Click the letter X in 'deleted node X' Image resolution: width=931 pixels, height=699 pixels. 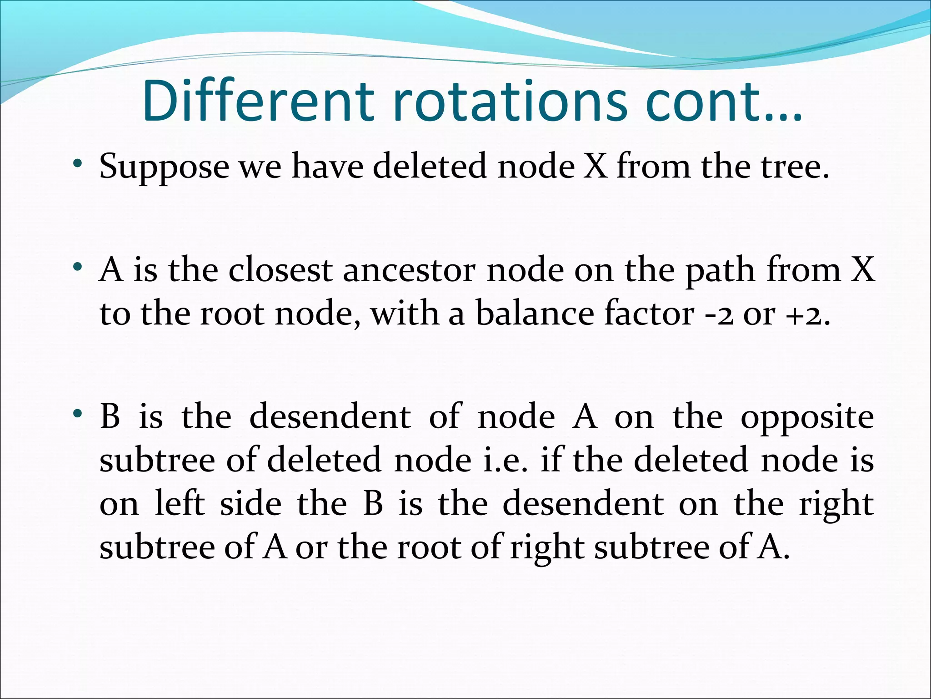click(x=595, y=166)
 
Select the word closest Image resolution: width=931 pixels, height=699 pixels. click(x=280, y=269)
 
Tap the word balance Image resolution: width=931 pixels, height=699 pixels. click(x=535, y=314)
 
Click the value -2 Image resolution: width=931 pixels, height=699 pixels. click(x=719, y=314)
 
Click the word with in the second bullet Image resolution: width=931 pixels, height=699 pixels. click(x=404, y=314)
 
